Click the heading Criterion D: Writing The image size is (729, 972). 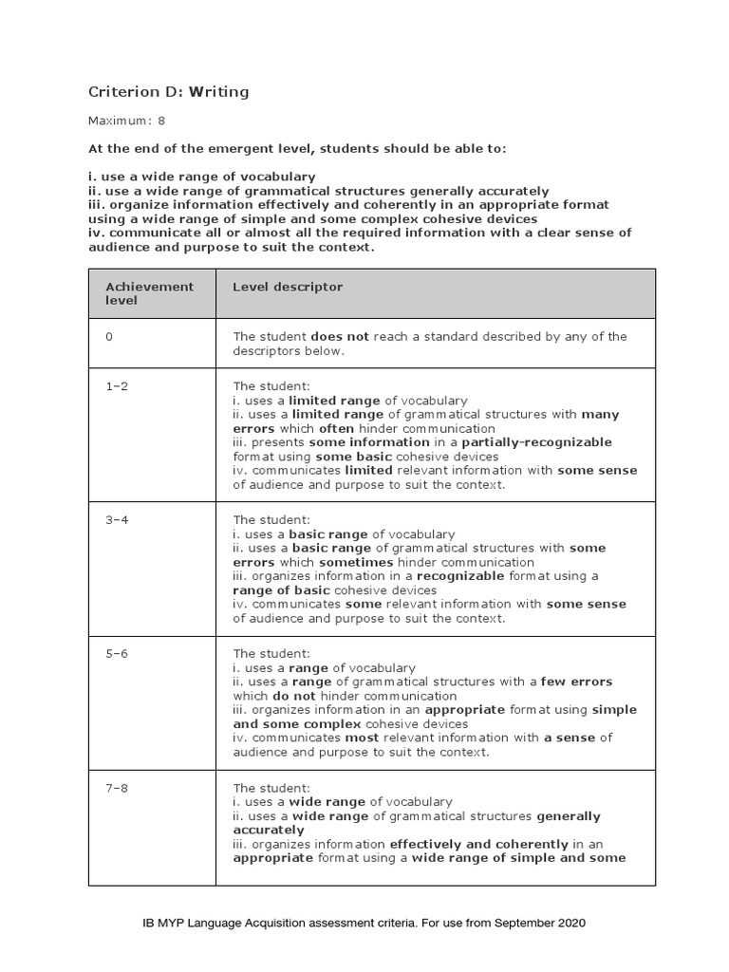[x=168, y=92]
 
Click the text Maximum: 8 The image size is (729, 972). [x=127, y=121]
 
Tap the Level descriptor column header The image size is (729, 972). [x=288, y=287]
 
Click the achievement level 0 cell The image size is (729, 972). [x=109, y=337]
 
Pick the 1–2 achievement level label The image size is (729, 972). [x=116, y=386]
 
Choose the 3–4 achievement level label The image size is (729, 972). [x=116, y=520]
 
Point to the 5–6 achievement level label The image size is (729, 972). [x=116, y=654]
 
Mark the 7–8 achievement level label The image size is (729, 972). [x=116, y=788]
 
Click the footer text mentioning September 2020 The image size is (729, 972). [x=364, y=923]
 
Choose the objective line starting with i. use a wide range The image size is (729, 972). [x=202, y=178]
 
